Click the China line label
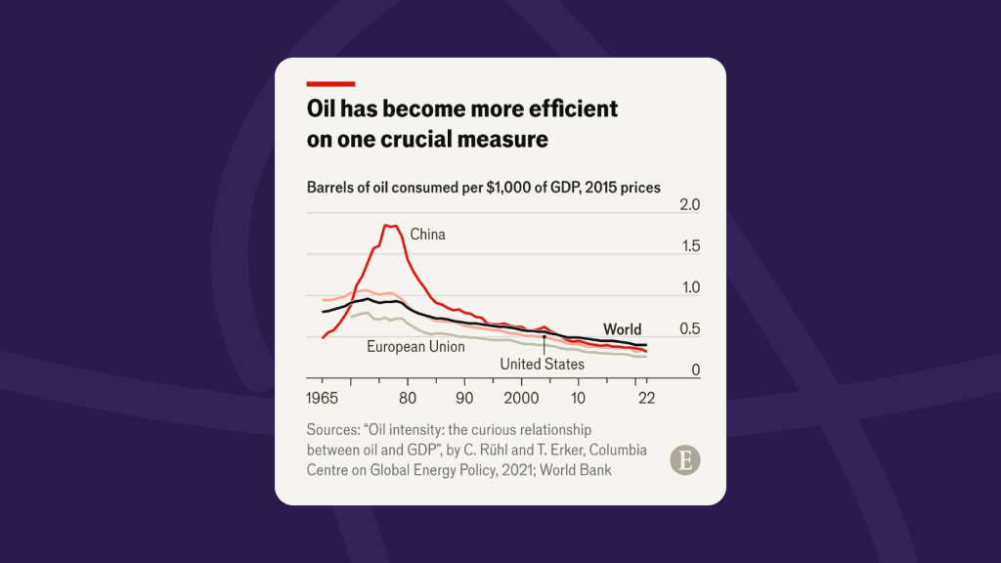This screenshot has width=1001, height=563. coord(427,235)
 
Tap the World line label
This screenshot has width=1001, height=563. coord(622,329)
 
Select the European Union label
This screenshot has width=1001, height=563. coord(415,346)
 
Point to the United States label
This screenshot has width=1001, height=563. coord(542,364)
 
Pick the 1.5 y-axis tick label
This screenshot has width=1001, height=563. coord(690,246)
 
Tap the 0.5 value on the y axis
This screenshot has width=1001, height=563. coord(690,329)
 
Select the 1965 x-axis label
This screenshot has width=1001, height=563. coord(323,398)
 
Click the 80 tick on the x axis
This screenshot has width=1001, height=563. coord(408,398)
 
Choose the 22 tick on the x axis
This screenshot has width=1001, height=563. coord(645,398)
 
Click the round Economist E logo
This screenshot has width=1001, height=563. coord(685,460)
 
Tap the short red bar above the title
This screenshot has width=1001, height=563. coord(330,84)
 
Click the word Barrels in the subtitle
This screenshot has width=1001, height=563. coord(332,187)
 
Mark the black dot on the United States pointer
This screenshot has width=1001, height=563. coord(544,336)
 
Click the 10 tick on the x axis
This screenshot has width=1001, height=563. coord(578,398)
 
